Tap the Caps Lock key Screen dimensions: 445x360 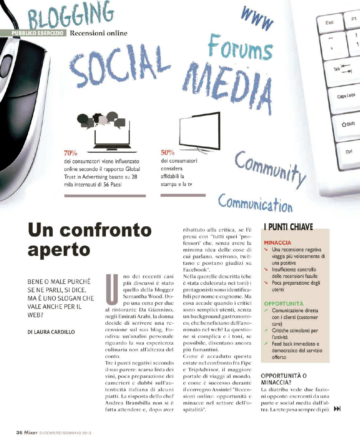coord(346,96)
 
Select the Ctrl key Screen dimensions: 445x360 coord(349,151)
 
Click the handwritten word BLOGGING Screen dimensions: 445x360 coord(71,15)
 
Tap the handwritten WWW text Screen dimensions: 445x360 coord(257,18)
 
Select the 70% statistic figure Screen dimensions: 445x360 coord(70,153)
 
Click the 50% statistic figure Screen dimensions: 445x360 coord(167,153)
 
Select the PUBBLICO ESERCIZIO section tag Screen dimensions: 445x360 coord(37,33)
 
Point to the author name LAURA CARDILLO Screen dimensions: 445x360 coord(51,332)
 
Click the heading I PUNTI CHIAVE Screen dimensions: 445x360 coord(288,227)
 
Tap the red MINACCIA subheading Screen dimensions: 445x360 coord(278,243)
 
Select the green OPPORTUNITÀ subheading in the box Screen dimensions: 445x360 coord(284,303)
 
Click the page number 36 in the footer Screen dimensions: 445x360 coord(19,432)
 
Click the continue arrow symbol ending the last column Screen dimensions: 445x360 coord(337,409)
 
